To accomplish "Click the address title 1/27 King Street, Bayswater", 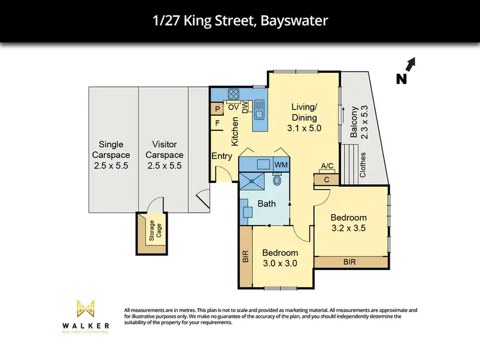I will tap(239, 21).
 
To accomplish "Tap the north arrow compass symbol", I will tap(407, 70).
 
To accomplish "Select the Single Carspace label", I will tap(111, 155).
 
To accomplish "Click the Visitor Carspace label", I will tap(164, 155).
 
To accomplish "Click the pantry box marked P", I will tap(218, 109).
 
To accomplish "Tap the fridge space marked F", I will tap(218, 123).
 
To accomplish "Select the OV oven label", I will tap(233, 107).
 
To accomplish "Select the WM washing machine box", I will tap(281, 165).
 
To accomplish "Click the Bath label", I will tap(266, 204).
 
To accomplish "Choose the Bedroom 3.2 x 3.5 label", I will tap(349, 223).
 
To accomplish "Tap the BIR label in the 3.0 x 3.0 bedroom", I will tap(245, 257).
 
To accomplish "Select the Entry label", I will tap(221, 156).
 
